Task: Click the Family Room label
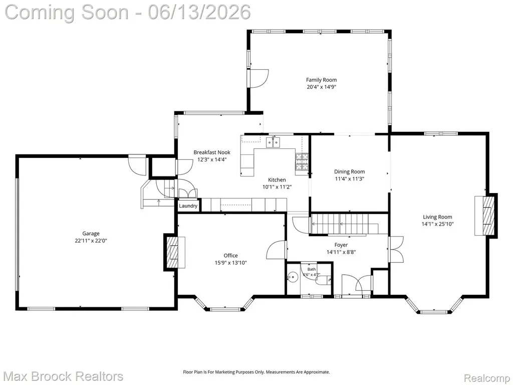click(321, 80)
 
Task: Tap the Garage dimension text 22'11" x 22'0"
click(91, 241)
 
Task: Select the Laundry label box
click(188, 206)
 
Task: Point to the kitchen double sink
click(273, 142)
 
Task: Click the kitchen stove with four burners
click(302, 162)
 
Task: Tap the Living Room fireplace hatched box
click(489, 216)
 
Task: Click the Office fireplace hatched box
click(172, 252)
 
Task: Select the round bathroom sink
click(293, 277)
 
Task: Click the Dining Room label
click(349, 171)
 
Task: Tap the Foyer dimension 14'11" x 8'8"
click(341, 252)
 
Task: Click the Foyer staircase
click(344, 224)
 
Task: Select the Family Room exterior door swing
click(259, 79)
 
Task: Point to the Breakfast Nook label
click(212, 152)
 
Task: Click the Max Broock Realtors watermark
click(64, 376)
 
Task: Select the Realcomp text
click(487, 378)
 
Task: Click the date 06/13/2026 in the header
click(199, 12)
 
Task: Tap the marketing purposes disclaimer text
click(256, 372)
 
